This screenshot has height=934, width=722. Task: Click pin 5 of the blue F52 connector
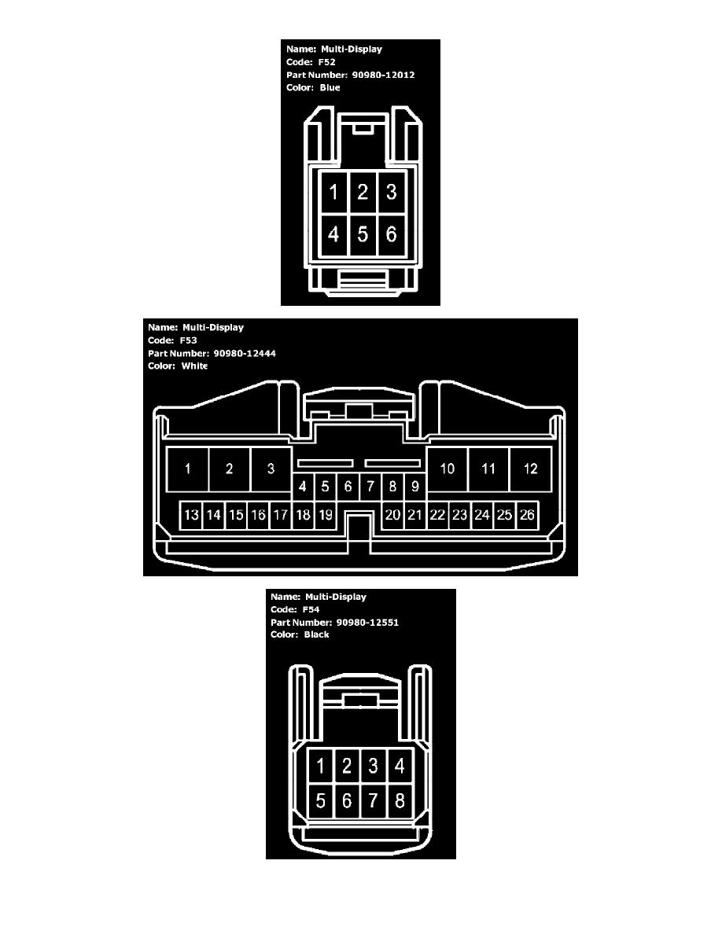coord(363,235)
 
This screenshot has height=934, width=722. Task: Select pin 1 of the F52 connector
coord(333,193)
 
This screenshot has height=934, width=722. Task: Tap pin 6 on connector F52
coord(392,235)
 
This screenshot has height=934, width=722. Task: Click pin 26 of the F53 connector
coord(527,515)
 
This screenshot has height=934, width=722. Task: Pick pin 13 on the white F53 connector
coord(191,515)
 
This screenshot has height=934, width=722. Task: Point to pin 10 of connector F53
coord(448,469)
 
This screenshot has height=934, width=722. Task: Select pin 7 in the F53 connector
coord(370,487)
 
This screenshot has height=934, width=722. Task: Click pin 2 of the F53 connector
coord(230,469)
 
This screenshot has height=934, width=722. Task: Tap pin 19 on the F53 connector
coord(326,515)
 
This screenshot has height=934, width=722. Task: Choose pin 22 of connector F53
coord(437,515)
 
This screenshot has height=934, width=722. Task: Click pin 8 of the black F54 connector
coord(400,800)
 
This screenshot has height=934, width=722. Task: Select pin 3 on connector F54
coord(373,766)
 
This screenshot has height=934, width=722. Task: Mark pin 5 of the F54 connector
coord(320,800)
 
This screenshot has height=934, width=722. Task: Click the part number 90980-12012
coord(383,75)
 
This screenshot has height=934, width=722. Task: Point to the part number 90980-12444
coord(245,353)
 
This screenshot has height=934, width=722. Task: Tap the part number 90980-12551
coord(367,623)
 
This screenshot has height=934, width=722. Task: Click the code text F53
coord(188,340)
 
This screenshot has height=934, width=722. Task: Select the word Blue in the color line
coord(330,87)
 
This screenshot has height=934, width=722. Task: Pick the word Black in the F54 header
coord(316,635)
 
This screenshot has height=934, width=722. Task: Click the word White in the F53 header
coord(194,366)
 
